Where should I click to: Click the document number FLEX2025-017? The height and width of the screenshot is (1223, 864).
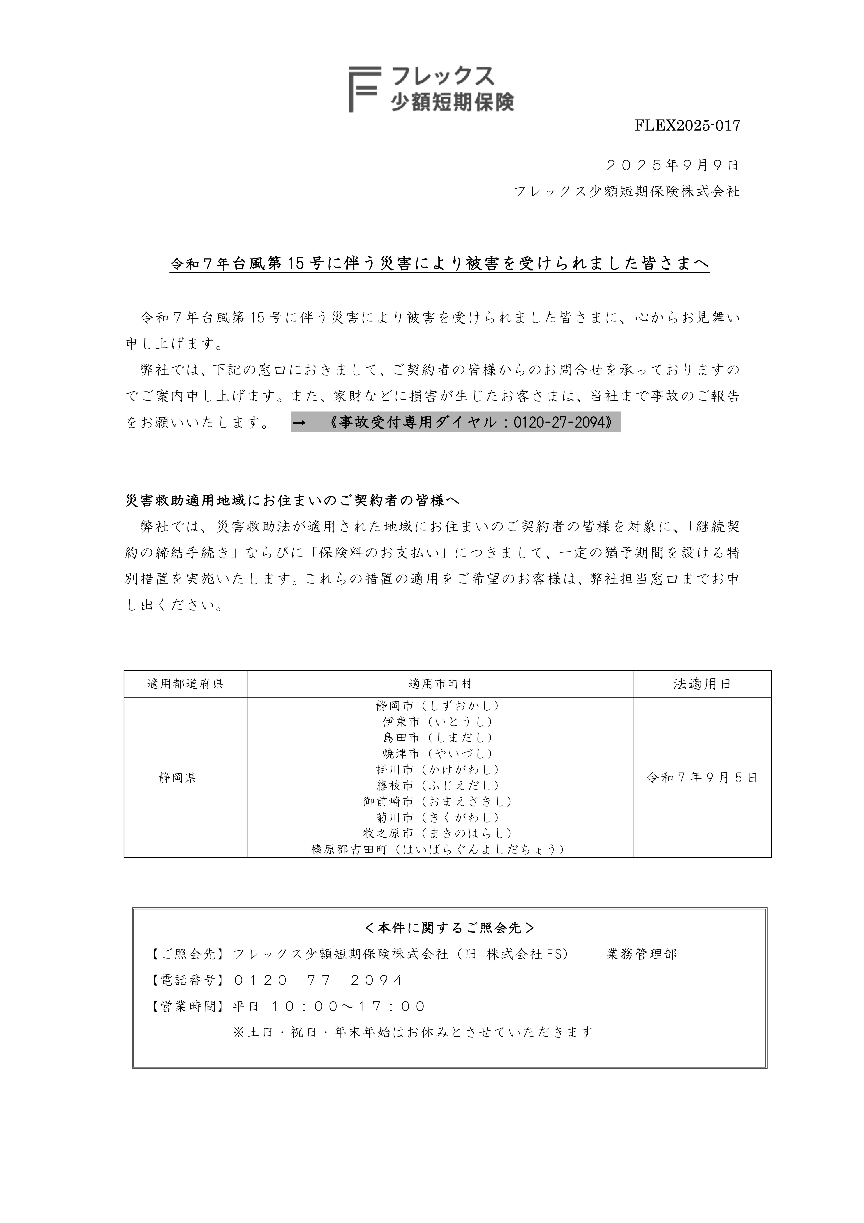pyautogui.click(x=687, y=126)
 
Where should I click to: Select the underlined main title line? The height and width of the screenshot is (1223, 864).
pyautogui.click(x=439, y=264)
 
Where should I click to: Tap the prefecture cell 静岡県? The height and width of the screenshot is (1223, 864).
pyautogui.click(x=177, y=778)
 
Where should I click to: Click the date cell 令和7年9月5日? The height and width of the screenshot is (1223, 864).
pyautogui.click(x=702, y=778)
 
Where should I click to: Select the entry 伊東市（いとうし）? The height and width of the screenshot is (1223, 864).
pyautogui.click(x=438, y=722)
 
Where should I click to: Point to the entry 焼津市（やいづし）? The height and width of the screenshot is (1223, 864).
pyautogui.click(x=438, y=754)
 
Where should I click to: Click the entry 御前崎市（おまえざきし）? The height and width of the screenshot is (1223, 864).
pyautogui.click(x=438, y=801)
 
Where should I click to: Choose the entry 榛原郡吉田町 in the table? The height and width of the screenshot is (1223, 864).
pyautogui.click(x=438, y=849)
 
